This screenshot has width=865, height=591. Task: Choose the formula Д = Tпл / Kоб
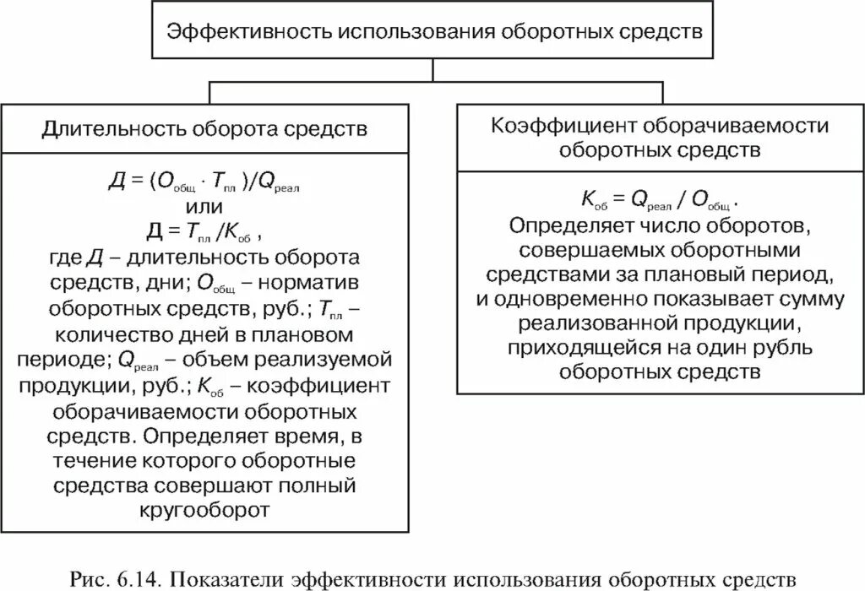coord(204,230)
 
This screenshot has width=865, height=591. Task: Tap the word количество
coord(108,333)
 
